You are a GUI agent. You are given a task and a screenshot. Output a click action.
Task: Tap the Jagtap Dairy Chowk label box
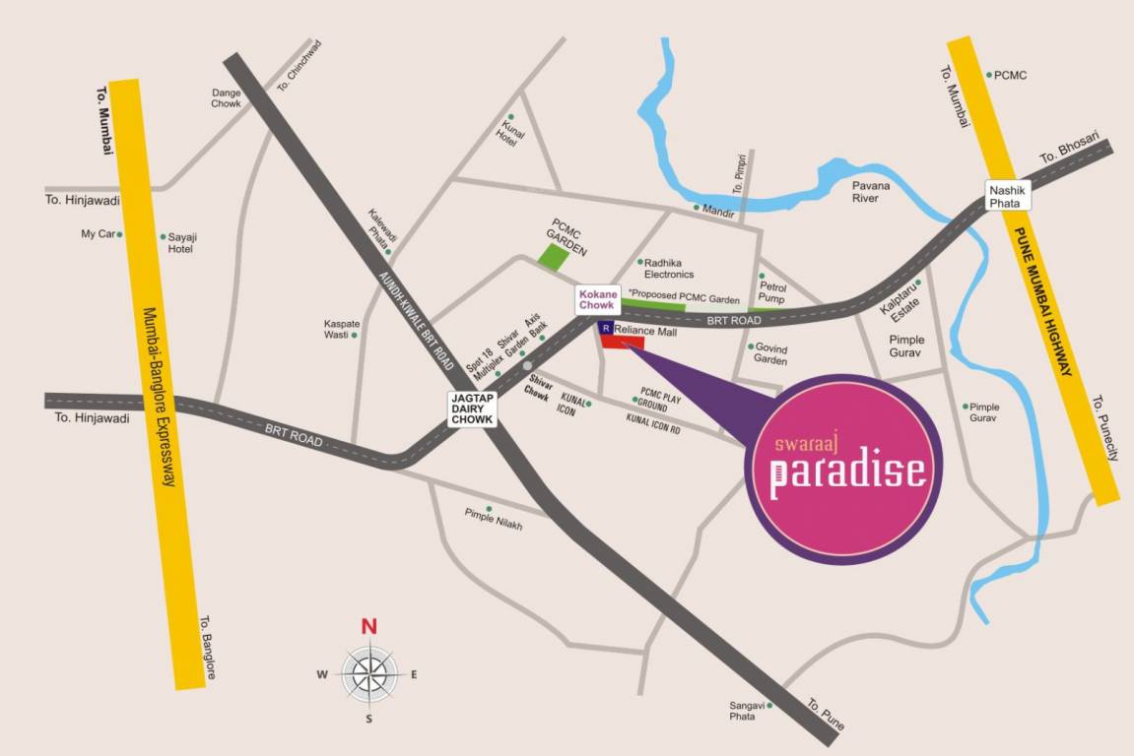(471, 409)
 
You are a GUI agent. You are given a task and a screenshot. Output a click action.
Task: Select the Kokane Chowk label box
(597, 299)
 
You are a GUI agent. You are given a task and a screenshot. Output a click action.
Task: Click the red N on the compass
(369, 626)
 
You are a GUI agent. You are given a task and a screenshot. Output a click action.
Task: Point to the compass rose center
(369, 674)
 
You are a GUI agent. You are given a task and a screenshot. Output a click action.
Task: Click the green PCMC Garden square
(554, 257)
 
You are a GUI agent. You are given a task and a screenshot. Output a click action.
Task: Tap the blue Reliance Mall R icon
(607, 328)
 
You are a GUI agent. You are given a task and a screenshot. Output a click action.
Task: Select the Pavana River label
(870, 191)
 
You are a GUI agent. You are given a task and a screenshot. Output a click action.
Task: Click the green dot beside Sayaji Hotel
(164, 236)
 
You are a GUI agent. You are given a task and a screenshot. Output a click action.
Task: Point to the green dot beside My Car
(120, 234)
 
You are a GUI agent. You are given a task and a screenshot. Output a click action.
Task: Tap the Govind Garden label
(771, 353)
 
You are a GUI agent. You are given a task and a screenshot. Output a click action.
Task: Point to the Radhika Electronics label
(670, 268)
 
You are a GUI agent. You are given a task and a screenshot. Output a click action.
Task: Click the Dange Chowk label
(227, 97)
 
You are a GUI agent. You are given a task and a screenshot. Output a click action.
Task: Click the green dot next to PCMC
(989, 75)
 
